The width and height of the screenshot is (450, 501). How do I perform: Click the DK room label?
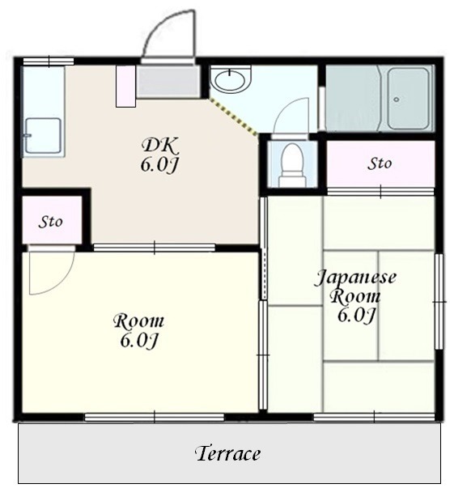[159, 155]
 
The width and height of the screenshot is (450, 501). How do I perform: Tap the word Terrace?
[227, 453]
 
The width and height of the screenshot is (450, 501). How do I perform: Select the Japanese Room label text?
[355, 296]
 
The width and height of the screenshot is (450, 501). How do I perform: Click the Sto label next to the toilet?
[380, 164]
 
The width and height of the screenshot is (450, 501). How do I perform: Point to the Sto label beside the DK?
[50, 222]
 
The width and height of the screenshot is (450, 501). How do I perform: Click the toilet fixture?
[292, 165]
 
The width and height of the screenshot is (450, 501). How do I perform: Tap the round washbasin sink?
[230, 79]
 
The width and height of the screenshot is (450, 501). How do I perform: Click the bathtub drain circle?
[397, 100]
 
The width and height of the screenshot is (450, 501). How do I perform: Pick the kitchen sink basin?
[43, 135]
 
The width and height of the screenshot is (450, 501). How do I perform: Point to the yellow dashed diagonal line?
[232, 117]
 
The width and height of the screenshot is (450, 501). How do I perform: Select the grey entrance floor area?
[168, 80]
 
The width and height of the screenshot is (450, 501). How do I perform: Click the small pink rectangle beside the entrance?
[125, 87]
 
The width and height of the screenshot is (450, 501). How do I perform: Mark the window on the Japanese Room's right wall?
[439, 301]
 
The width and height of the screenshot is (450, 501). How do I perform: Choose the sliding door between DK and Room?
[155, 248]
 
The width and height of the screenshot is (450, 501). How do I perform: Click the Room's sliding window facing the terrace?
[155, 417]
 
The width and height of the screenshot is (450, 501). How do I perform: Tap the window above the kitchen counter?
[49, 61]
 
